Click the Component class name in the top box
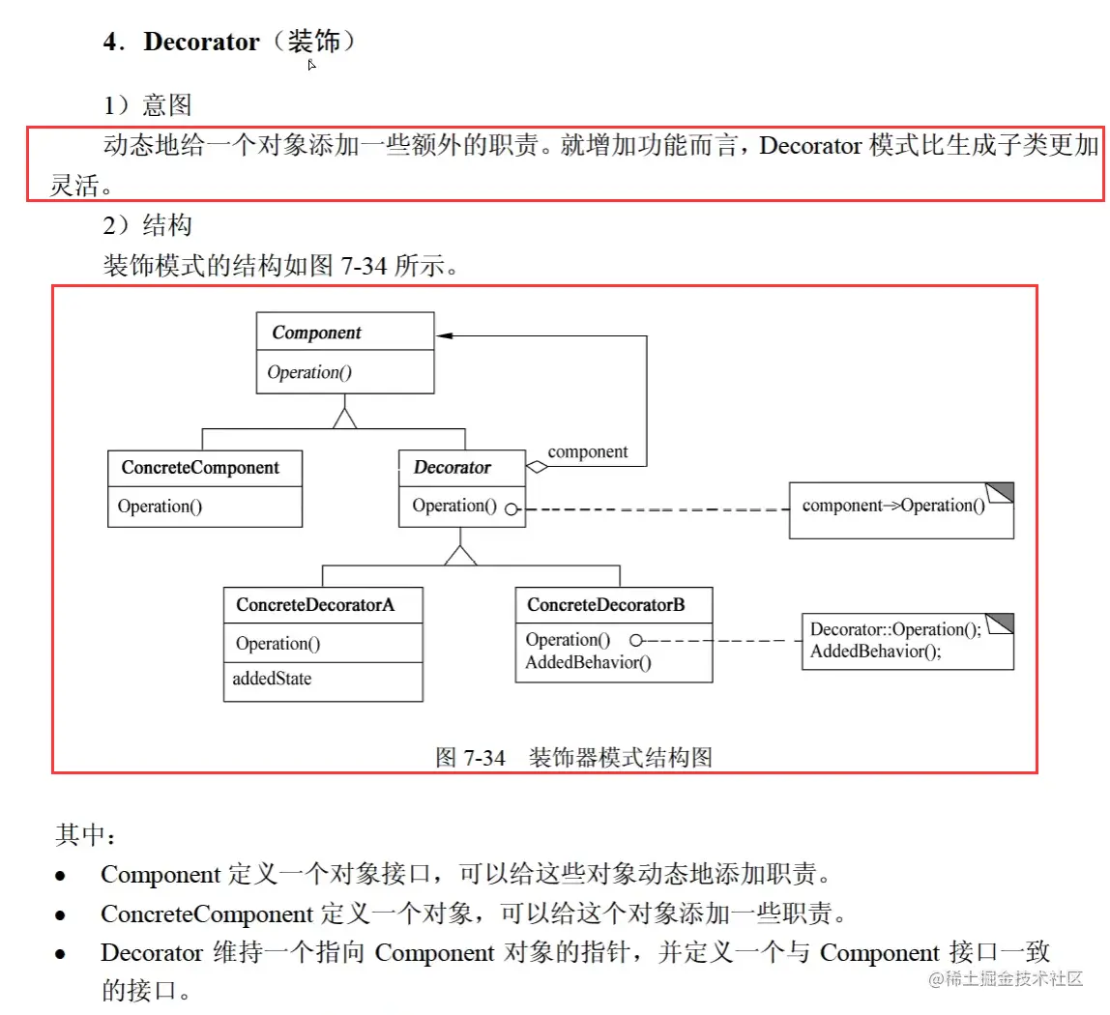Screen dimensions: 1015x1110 (x=316, y=333)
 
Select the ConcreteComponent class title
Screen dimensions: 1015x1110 (x=200, y=468)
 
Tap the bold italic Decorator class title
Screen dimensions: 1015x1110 (x=452, y=468)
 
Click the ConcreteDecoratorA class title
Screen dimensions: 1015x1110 (x=315, y=606)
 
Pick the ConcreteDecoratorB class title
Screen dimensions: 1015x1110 (x=605, y=605)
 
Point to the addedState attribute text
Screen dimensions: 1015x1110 (x=272, y=679)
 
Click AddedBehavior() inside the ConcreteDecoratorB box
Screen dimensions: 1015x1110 (x=588, y=662)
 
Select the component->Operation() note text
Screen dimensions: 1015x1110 (x=892, y=506)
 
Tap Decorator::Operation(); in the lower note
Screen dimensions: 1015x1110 (x=895, y=630)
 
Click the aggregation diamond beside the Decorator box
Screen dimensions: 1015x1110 (x=537, y=468)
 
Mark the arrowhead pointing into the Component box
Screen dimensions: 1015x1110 (x=444, y=334)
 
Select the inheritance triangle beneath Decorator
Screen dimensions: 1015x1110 (x=461, y=554)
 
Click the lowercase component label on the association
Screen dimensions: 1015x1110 (x=587, y=451)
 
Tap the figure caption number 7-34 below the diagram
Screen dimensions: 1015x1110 (x=484, y=758)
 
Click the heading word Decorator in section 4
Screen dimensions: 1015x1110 (x=201, y=42)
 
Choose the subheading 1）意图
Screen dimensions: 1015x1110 (x=147, y=103)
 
